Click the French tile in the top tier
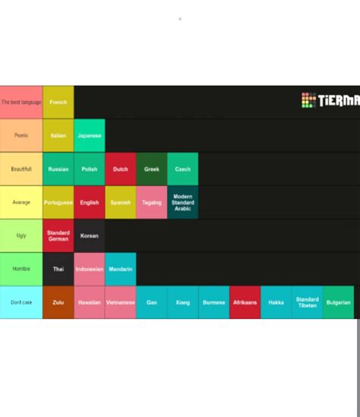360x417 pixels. [58, 102]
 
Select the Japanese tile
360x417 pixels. [90, 135]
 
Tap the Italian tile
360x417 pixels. [58, 135]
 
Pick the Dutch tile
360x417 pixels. [121, 169]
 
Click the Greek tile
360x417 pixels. [152, 169]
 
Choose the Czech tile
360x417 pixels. [183, 169]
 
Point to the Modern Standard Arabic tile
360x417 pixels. [183, 202]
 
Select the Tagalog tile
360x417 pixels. [152, 202]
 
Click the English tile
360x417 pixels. [90, 202]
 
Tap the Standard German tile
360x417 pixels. [58, 235]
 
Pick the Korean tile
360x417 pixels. [90, 235]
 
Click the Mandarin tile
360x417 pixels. [121, 269]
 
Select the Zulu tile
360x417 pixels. [58, 302]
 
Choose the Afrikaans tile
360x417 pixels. [245, 302]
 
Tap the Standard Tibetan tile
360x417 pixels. [307, 302]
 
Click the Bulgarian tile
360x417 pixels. [338, 302]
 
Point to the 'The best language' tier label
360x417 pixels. [21, 102]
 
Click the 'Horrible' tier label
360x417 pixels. [21, 269]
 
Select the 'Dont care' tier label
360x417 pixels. [21, 302]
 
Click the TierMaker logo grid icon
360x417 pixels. [308, 100]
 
